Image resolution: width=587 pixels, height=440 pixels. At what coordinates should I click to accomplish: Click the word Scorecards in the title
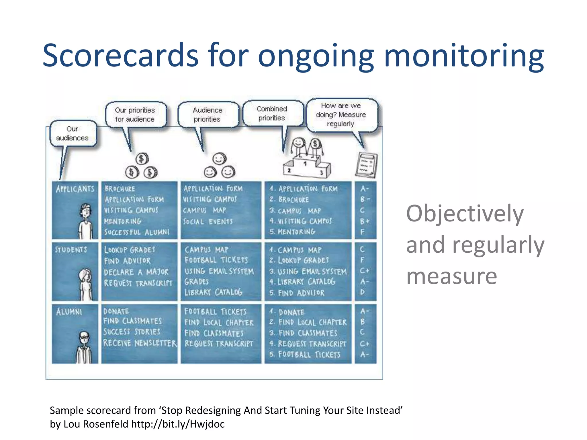pos(120,55)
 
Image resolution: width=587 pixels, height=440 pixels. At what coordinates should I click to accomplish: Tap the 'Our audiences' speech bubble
pos(73,133)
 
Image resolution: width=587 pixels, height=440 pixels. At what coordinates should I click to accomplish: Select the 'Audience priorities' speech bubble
pos(208,115)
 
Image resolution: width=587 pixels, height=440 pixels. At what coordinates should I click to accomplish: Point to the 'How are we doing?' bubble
pos(341,115)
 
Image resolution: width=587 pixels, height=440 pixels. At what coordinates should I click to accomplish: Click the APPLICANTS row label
pos(75,189)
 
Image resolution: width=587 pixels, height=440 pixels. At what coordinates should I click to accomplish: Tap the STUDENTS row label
pos(71,250)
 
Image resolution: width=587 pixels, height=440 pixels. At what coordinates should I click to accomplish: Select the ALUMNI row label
pos(69,312)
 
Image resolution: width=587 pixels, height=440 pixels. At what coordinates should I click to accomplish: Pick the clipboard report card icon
pos(366,165)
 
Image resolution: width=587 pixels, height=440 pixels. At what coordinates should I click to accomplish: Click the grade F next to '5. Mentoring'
pos(363,232)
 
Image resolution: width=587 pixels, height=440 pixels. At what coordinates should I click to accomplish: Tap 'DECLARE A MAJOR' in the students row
pos(136,272)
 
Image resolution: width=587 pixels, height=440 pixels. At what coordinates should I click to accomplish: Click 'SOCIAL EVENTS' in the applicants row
pos(208,221)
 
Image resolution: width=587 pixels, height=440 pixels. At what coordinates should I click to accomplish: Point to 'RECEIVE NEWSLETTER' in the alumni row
pos(140,343)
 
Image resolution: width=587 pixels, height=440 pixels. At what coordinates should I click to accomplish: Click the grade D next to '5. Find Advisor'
pos(363,292)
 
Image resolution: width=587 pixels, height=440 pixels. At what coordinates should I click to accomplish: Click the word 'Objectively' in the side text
pos(465,213)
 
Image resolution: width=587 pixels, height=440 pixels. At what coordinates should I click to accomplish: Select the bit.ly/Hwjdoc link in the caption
pos(178,424)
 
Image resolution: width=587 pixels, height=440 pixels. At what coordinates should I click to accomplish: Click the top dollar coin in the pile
pos(142,159)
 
